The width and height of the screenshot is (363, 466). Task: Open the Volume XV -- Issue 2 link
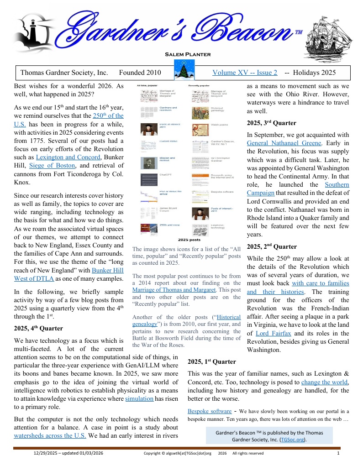(x=244, y=73)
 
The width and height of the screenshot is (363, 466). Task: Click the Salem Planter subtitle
(x=188, y=54)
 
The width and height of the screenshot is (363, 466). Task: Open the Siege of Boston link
(x=53, y=166)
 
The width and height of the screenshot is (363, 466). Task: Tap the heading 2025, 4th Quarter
(x=39, y=328)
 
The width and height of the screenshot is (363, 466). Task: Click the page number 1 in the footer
(x=338, y=453)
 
